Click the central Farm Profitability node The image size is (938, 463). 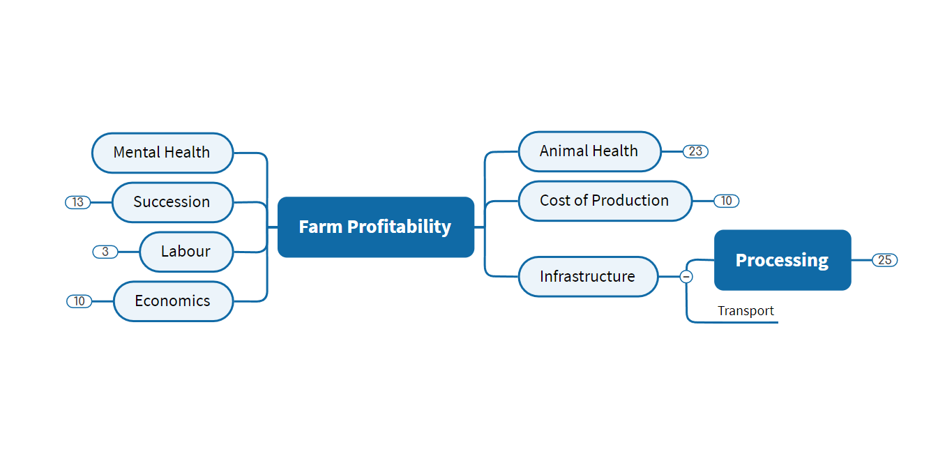[x=375, y=227]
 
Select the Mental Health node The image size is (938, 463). [x=162, y=153]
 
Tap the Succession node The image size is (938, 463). [x=172, y=202]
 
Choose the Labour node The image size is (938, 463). [x=186, y=252]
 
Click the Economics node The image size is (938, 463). [x=172, y=301]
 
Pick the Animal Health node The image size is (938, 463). [x=589, y=151]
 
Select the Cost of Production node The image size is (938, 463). [x=604, y=201]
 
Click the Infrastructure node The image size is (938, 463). [x=587, y=277]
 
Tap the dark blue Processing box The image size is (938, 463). [x=782, y=260]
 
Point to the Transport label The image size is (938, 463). [x=746, y=311]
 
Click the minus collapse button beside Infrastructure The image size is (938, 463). [x=686, y=277]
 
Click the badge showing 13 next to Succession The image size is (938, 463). [x=77, y=202]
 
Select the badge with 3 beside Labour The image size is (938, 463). [x=105, y=252]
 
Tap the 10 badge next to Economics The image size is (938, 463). [x=80, y=301]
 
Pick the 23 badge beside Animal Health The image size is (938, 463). [x=695, y=151]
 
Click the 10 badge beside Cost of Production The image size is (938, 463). [x=726, y=201]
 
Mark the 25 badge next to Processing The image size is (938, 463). [x=884, y=260]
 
